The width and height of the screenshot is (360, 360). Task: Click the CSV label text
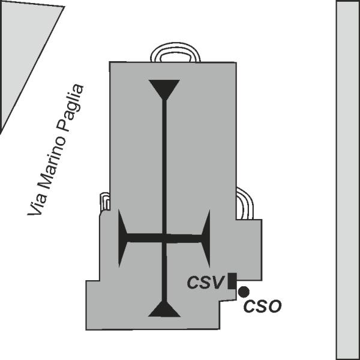206,282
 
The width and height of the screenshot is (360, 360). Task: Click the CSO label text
262,306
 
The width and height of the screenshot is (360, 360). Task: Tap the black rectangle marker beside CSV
232,281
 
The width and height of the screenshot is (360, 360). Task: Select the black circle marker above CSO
244,292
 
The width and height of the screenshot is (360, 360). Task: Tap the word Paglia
70,108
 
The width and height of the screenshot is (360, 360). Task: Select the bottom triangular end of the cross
164,309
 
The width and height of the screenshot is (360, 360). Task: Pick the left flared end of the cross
122,238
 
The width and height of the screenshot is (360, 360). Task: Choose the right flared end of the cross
206,238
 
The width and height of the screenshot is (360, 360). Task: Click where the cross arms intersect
164,238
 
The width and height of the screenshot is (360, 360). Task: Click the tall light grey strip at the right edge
348,180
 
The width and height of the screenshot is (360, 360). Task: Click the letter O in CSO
275,306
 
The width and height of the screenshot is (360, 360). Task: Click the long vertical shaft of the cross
164,200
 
